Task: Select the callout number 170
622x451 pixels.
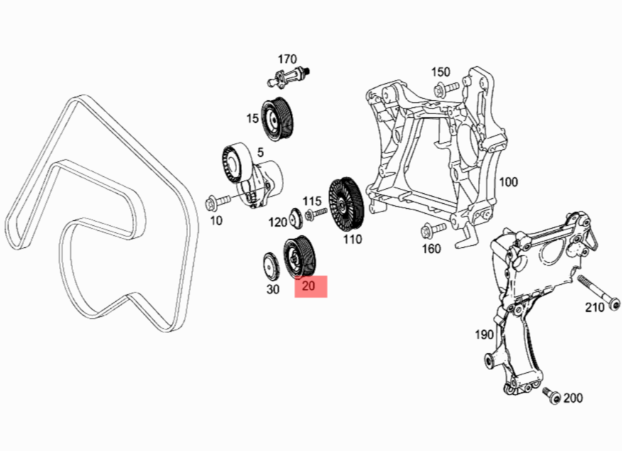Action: point(287,58)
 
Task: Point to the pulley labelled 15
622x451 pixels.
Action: point(278,117)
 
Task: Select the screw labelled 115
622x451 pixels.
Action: point(315,214)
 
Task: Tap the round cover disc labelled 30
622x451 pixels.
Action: point(271,266)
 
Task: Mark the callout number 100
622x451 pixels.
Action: point(508,182)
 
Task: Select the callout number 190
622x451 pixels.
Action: point(484,334)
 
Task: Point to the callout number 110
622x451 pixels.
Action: point(352,239)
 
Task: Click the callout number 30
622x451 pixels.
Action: point(273,289)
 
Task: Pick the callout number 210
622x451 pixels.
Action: point(594,307)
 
